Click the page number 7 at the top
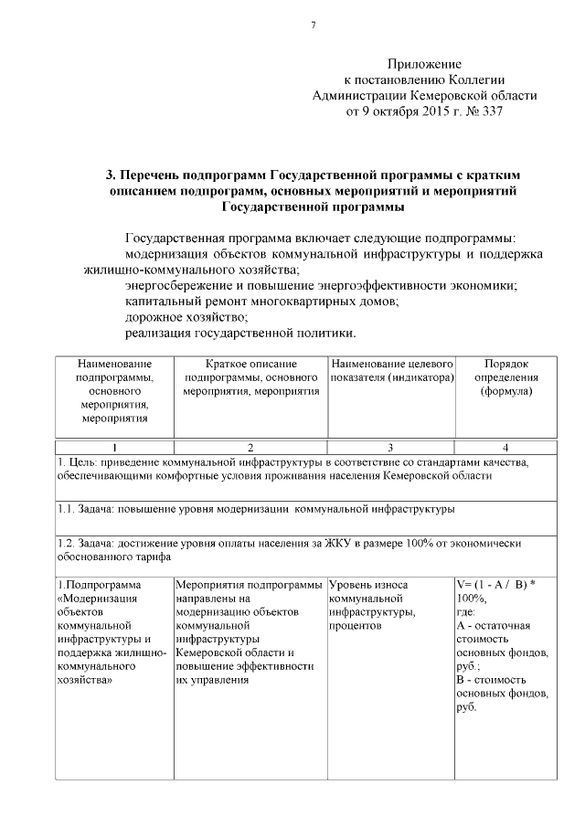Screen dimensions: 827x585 [x=314, y=25]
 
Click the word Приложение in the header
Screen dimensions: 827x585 [x=424, y=64]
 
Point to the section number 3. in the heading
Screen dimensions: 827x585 [x=111, y=174]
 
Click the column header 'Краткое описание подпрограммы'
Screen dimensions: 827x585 [x=250, y=377]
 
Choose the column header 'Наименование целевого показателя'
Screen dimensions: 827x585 [x=391, y=371]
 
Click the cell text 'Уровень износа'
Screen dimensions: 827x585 [x=368, y=584]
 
